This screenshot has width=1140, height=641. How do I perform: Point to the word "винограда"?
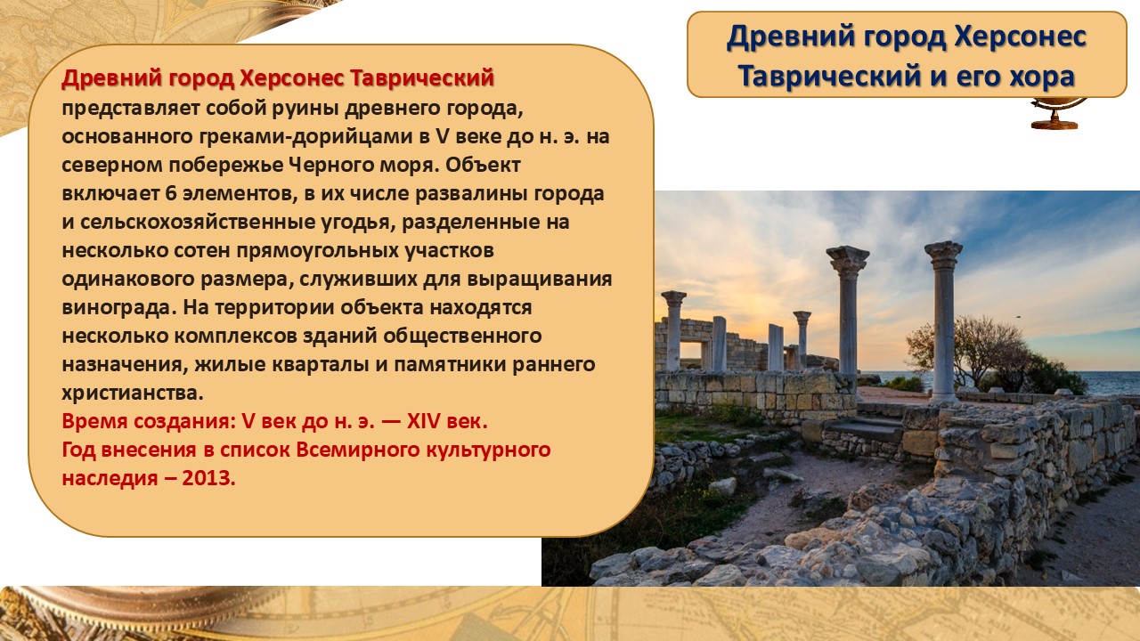tap(118, 308)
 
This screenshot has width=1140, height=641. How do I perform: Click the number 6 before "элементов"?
tap(170, 193)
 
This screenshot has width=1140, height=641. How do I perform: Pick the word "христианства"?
tap(133, 394)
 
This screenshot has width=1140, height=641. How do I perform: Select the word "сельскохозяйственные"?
tap(198, 223)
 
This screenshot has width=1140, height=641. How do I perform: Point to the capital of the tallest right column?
tap(943, 254)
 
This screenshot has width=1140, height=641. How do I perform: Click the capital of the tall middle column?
tap(847, 261)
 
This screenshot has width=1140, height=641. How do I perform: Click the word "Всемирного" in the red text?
tap(358, 450)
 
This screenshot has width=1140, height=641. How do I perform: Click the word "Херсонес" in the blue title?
tap(1021, 37)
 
